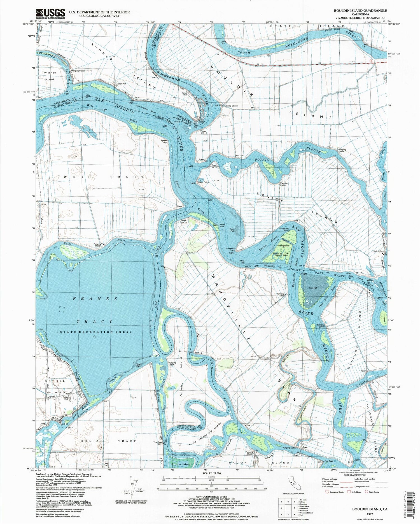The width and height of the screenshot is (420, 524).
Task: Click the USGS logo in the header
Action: tap(50, 13)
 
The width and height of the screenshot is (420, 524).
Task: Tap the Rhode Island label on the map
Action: tap(181, 464)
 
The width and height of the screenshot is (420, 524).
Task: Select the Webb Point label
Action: tap(164, 141)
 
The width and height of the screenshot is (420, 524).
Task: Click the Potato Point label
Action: tap(202, 182)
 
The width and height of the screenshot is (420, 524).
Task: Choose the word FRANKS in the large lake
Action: tap(95, 299)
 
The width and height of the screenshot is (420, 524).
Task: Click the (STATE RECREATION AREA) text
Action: tap(94, 332)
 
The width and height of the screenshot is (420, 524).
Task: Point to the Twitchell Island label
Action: tap(49, 76)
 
